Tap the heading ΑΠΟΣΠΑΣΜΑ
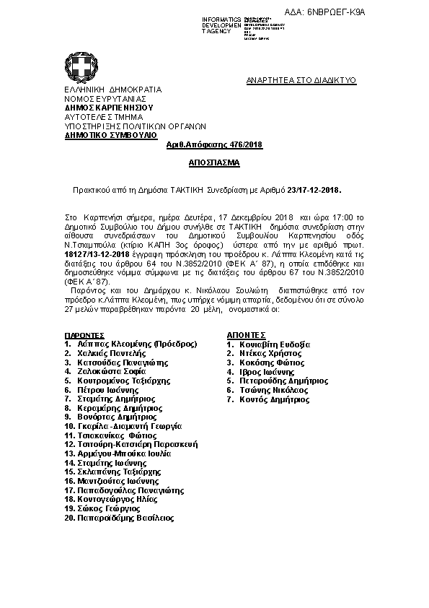214,163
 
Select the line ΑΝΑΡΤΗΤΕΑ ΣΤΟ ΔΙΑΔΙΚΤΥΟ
301,81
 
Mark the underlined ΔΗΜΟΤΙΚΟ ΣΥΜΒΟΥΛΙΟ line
110,135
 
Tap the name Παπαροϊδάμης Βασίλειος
125,518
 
